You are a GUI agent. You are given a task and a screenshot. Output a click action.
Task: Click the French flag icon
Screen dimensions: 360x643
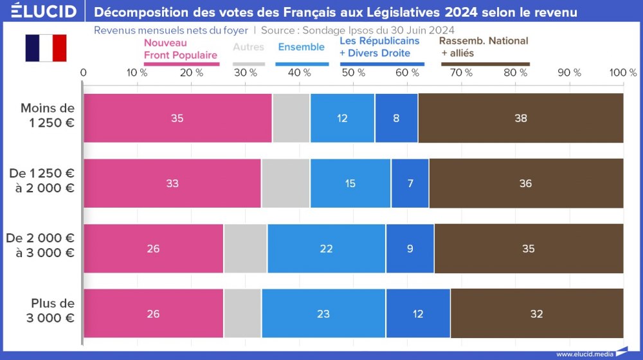click(46, 48)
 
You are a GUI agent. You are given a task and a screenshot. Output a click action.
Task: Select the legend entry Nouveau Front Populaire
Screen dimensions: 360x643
click(180, 49)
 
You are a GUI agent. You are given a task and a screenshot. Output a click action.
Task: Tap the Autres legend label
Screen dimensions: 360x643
click(248, 47)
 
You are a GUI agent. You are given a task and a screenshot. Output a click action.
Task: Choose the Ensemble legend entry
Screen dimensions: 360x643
click(301, 47)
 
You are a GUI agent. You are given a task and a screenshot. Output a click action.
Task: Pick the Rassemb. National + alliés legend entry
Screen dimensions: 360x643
click(484, 47)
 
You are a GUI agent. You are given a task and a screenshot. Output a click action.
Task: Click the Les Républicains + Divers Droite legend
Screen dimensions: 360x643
click(379, 47)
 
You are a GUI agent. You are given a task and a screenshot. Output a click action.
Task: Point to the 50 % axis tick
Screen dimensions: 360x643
click(353, 73)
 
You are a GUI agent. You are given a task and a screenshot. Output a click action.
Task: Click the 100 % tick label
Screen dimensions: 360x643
click(622, 73)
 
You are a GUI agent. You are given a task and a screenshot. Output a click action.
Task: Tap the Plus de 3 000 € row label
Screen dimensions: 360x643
click(52, 310)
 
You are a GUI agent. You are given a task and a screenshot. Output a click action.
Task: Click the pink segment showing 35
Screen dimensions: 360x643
click(177, 118)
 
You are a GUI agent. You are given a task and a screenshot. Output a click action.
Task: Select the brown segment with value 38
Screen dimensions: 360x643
click(520, 118)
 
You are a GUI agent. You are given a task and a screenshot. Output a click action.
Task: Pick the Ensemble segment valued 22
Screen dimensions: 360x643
click(326, 249)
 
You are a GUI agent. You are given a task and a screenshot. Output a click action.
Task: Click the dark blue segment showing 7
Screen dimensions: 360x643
click(410, 183)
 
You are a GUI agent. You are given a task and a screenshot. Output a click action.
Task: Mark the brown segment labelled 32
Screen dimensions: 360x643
click(536, 314)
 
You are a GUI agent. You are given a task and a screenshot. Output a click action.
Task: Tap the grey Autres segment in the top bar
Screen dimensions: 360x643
click(291, 118)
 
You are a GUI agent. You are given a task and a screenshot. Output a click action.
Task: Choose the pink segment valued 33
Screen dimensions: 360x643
click(172, 183)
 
